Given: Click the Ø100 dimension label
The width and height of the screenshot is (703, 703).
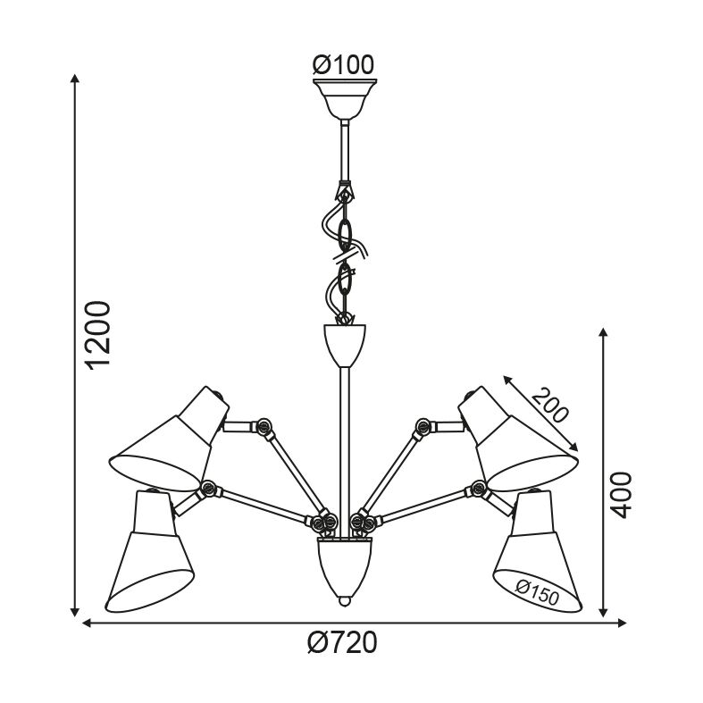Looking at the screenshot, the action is coord(343,65).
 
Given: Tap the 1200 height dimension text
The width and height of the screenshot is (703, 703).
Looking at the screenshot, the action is coord(98,335).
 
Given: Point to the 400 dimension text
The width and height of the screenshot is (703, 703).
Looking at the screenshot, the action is coord(622,495).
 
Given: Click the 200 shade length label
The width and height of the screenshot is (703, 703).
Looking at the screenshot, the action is coord(550,406).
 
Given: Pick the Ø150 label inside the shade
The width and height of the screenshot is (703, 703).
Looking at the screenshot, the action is coord(537,593).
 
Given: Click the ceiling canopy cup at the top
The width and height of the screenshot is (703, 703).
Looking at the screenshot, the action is coord(345,99).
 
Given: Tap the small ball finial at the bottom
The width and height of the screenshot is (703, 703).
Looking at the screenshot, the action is coord(344,601).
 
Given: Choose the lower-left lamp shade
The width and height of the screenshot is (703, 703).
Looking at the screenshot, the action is coord(149,551).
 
